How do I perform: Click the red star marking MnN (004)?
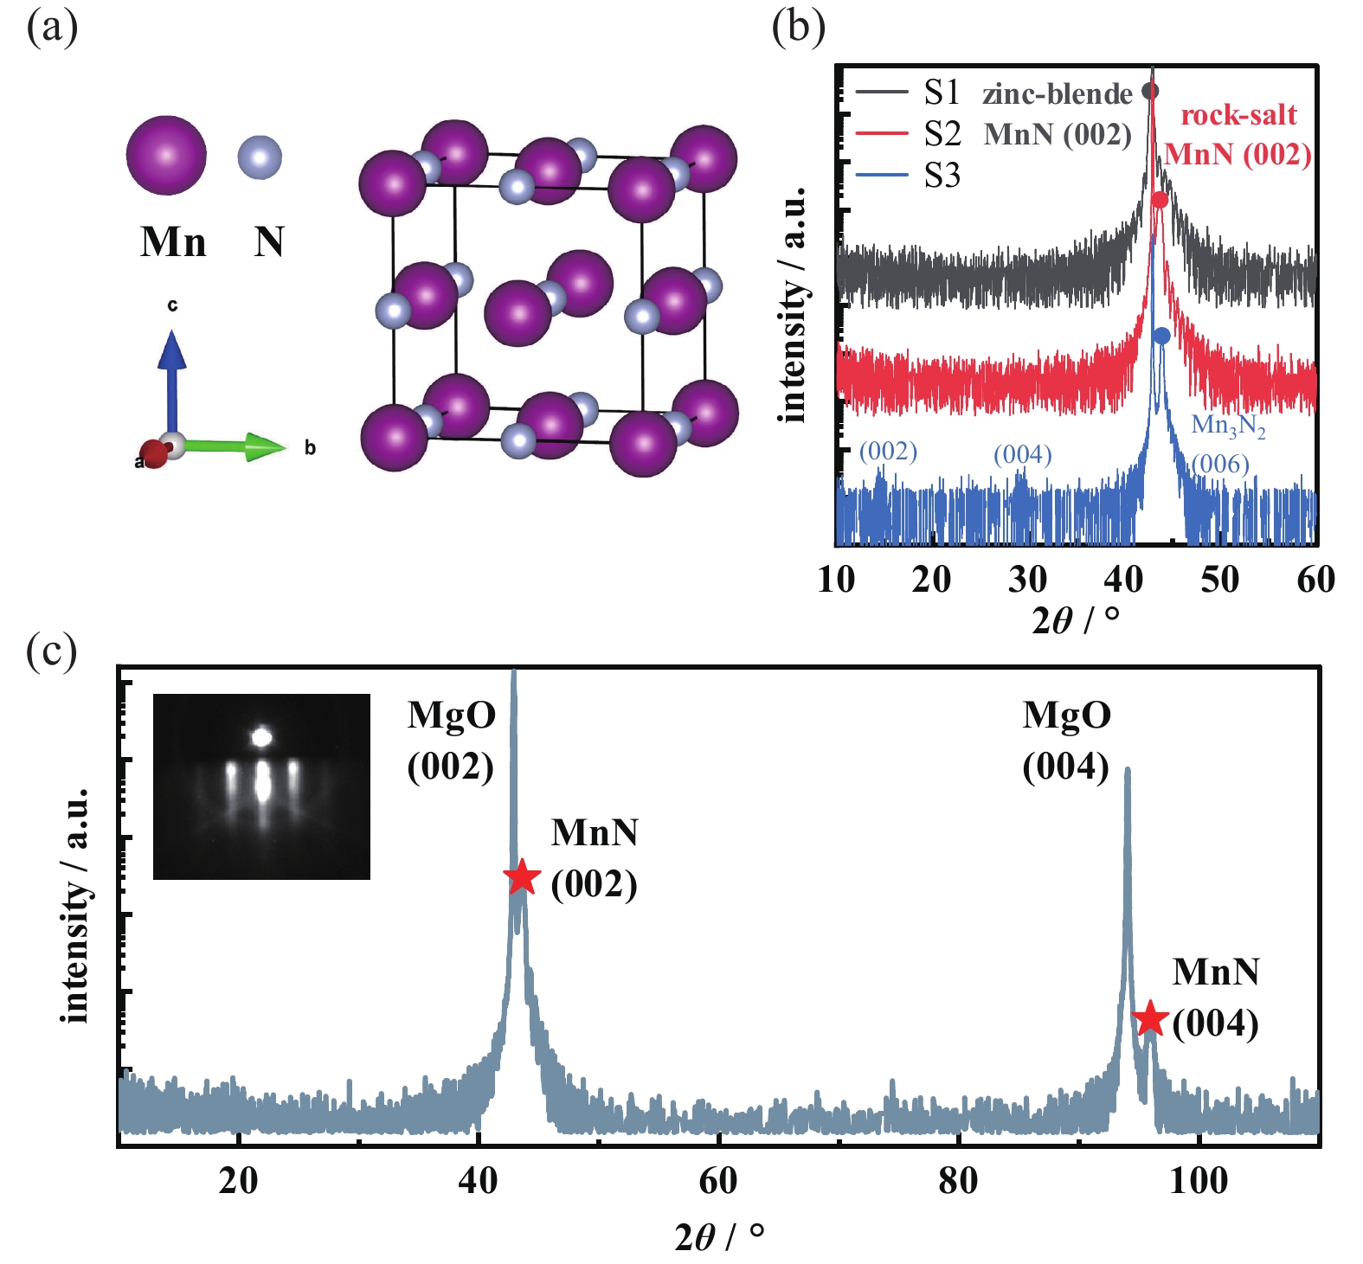point(1150,1018)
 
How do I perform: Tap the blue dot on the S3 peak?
point(1161,336)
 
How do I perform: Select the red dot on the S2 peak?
point(1160,201)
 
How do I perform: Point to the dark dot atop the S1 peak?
point(1150,90)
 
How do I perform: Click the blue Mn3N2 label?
point(1228,425)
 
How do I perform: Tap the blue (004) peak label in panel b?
point(1022,454)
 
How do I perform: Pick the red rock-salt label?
point(1238,115)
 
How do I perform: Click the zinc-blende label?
point(1057,93)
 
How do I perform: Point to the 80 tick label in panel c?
point(958,1180)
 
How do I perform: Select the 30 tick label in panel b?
point(1027,579)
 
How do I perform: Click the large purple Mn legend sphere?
point(166,156)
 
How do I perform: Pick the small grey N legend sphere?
point(260,157)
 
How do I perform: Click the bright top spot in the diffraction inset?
point(261,737)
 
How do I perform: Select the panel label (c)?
point(52,651)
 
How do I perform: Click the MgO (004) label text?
point(1066,741)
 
